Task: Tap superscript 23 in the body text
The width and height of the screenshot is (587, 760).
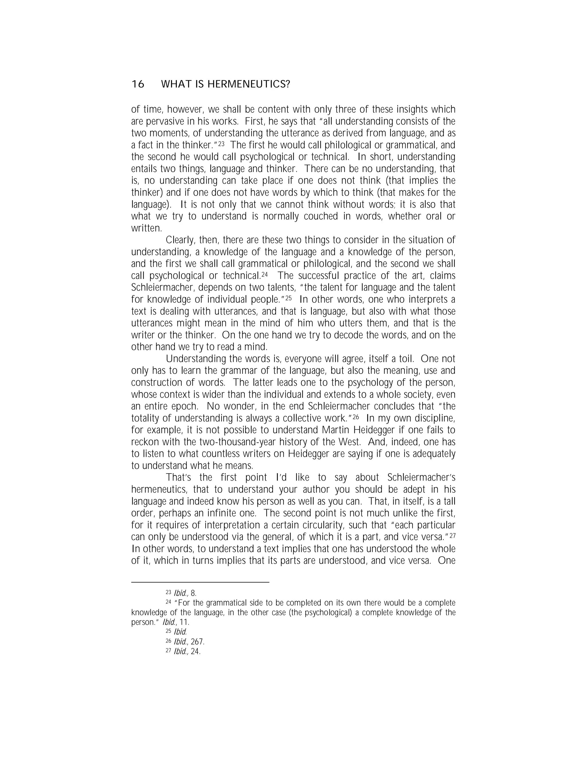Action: point(222,143)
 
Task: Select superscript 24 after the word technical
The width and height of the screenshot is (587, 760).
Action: point(264,274)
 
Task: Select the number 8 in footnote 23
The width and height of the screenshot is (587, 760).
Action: point(193,593)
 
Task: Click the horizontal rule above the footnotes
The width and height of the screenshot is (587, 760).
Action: point(200,582)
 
